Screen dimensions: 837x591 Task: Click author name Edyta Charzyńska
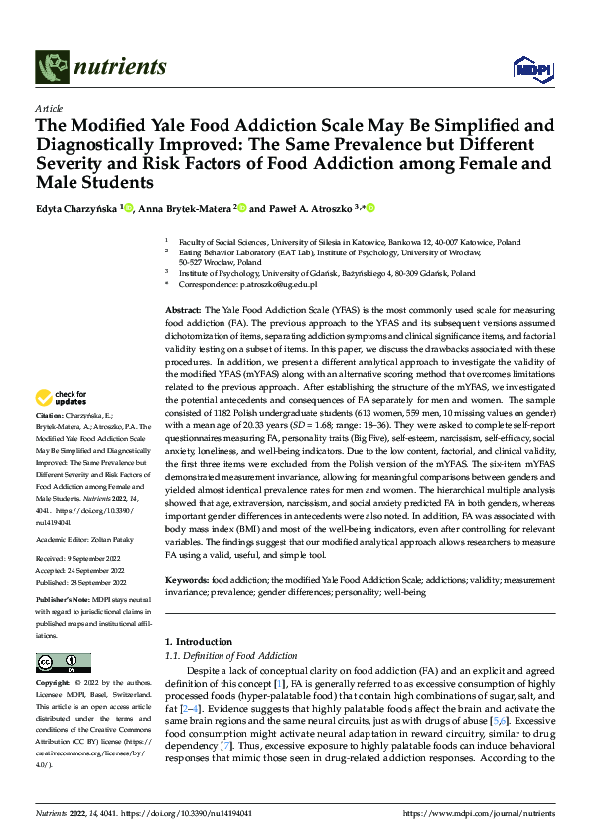(76, 208)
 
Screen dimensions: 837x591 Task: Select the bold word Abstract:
(182, 311)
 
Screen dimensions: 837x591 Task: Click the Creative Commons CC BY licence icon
(63, 663)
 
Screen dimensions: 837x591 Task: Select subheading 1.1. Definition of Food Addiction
(230, 656)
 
